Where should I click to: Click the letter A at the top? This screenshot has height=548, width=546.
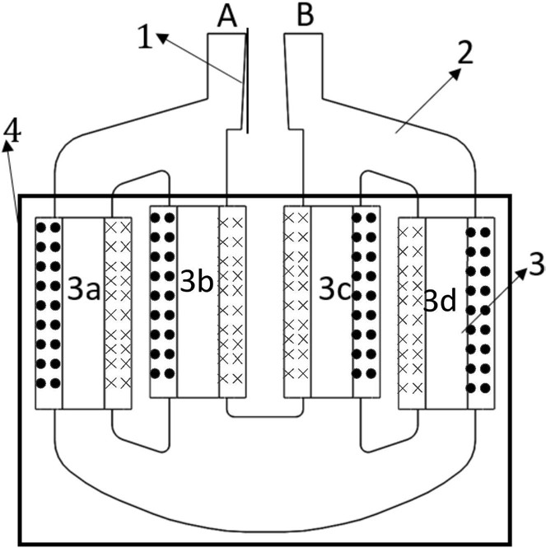227,16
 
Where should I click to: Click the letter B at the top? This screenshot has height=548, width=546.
305,16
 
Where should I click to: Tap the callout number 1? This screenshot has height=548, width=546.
145,37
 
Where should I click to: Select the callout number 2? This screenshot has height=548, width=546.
465,53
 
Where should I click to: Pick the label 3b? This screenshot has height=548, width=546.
196,282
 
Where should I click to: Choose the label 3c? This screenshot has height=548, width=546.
334,290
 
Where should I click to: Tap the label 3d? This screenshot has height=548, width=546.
440,302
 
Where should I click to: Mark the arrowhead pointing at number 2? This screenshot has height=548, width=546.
455,74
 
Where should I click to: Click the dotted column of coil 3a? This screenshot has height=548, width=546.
49,313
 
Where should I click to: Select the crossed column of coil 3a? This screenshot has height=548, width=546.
118,313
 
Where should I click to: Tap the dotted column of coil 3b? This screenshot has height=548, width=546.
164,302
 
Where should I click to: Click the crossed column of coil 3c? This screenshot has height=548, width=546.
297,302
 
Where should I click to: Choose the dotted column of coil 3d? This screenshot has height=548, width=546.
481,313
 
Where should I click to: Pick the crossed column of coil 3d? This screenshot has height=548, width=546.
413,313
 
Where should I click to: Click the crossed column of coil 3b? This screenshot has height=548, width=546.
233,302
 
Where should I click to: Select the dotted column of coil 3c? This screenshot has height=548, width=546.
366,302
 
